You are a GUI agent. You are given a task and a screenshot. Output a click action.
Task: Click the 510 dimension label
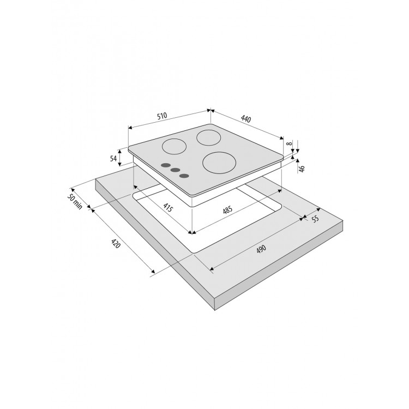coord(162,116)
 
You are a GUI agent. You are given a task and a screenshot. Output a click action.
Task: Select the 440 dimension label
coord(246,119)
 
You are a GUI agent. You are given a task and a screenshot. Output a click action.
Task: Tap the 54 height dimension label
coord(113,158)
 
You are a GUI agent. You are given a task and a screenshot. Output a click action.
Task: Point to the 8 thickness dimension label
coord(288,143)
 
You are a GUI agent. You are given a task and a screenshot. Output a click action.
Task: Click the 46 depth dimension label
coord(302,169)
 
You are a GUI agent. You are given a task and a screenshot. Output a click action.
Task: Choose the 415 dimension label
coord(169,207)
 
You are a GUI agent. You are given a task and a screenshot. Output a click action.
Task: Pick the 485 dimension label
coord(227,210)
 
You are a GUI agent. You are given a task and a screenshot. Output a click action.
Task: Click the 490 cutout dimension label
coord(261,249)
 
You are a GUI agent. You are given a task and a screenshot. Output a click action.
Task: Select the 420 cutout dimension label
coord(116,243)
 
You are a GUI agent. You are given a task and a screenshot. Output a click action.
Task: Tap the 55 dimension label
coord(315,218)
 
